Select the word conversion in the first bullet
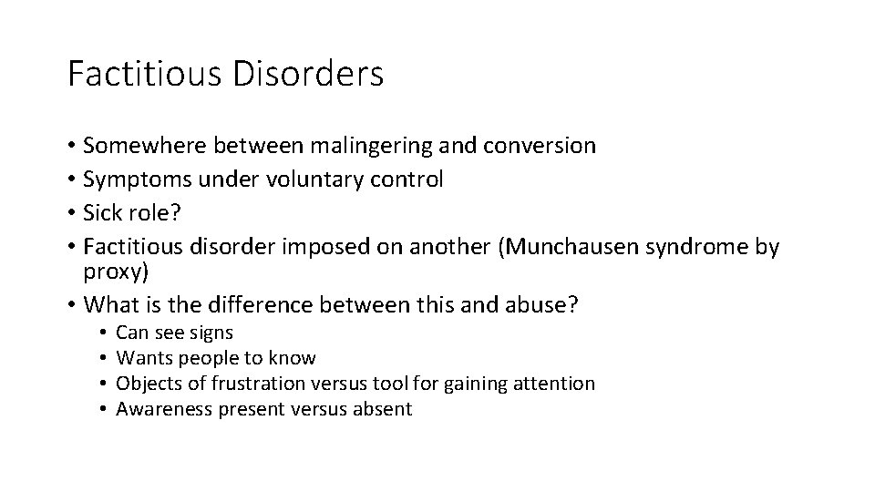click(x=539, y=146)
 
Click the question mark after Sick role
click(x=176, y=213)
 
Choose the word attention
click(x=555, y=384)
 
